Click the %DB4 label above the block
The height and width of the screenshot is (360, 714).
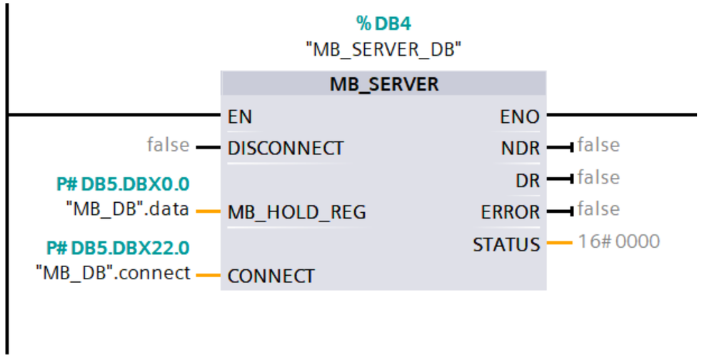click(x=383, y=24)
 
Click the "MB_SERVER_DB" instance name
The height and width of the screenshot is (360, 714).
click(x=383, y=50)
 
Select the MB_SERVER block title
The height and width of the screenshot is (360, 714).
click(x=383, y=84)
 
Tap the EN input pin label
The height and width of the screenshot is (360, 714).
click(x=240, y=116)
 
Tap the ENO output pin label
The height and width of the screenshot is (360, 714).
click(x=520, y=116)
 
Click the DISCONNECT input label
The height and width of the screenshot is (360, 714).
click(x=285, y=149)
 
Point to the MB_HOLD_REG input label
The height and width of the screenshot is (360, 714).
click(x=296, y=212)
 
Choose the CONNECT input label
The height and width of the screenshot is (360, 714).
click(x=271, y=276)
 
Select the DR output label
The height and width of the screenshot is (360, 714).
click(x=528, y=181)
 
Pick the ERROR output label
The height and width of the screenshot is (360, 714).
click(x=511, y=212)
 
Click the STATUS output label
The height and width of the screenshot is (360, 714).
click(x=506, y=244)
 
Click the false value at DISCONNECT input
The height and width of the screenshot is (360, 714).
click(x=169, y=146)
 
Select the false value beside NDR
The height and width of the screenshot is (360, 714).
click(x=598, y=146)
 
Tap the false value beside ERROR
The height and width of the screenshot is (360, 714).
click(x=598, y=209)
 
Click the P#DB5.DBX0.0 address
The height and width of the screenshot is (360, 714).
click(x=123, y=184)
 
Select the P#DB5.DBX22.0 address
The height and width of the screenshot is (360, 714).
click(x=118, y=248)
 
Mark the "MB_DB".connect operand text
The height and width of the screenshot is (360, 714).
click(x=114, y=273)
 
